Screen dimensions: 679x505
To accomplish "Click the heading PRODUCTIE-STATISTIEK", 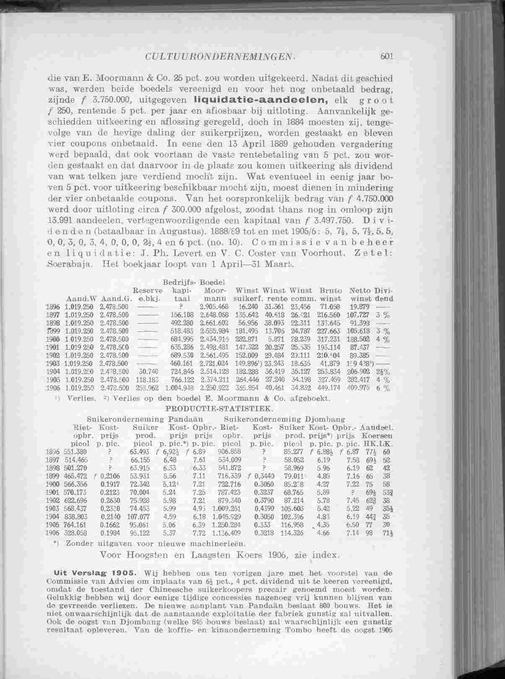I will (220, 407).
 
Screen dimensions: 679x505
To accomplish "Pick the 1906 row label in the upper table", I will (52, 388).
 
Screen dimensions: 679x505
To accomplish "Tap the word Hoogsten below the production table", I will (146, 554).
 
